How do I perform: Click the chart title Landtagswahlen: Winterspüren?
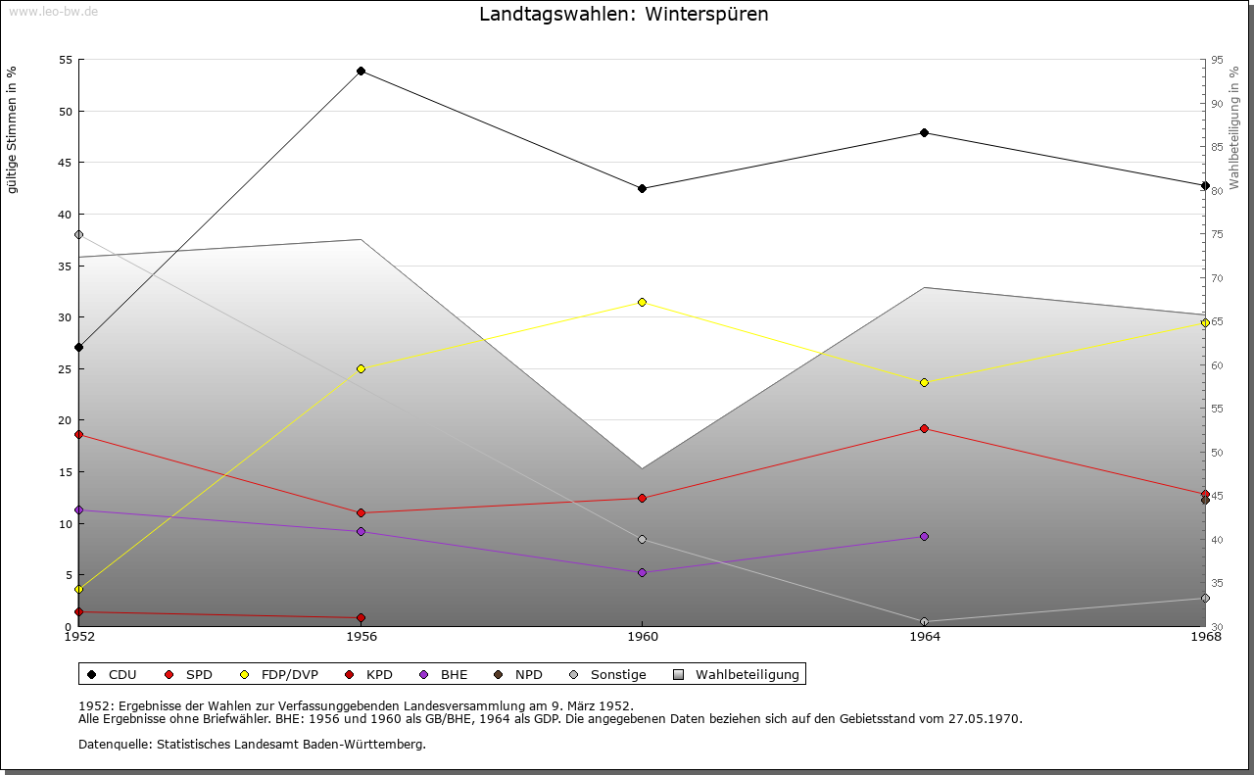(x=623, y=15)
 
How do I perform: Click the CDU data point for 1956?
(x=362, y=72)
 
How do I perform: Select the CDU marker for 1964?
(x=924, y=133)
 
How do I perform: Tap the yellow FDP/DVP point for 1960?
(x=642, y=302)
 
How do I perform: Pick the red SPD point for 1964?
(x=924, y=428)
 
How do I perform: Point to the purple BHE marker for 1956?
(x=362, y=531)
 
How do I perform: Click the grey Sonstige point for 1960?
(x=642, y=540)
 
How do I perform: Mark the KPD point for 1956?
(x=362, y=618)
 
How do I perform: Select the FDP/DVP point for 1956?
(x=362, y=368)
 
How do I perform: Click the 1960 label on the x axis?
(x=642, y=637)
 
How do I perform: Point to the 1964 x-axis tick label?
(x=924, y=637)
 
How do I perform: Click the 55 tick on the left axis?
(x=66, y=60)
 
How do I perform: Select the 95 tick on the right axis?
(x=1216, y=60)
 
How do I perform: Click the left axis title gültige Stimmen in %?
(x=13, y=129)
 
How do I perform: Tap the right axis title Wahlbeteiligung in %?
(x=1234, y=128)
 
